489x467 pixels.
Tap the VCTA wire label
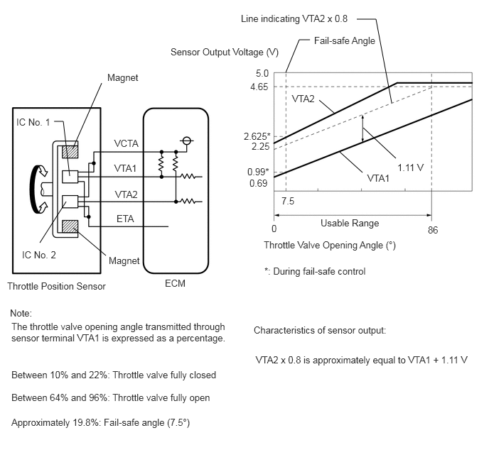coord(126,143)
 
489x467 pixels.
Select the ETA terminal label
coord(125,219)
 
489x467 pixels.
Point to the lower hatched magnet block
coord(70,226)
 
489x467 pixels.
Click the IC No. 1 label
coord(33,122)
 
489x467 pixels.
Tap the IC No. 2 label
coord(38,255)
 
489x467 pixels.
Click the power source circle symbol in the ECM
coord(186,141)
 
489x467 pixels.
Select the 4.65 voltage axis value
coord(259,87)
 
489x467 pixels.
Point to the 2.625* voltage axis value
coord(257,136)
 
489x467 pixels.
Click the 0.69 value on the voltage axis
coord(258,183)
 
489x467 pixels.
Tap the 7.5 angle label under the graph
coord(288,201)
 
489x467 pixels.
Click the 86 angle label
coord(433,230)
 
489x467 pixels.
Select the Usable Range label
coord(350,224)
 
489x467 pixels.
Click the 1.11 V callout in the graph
coord(410,167)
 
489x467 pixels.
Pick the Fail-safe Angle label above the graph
coord(344,40)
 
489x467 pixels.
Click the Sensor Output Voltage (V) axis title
coord(224,52)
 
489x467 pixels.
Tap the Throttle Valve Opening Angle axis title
coord(330,246)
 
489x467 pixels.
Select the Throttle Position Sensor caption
coord(56,286)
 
